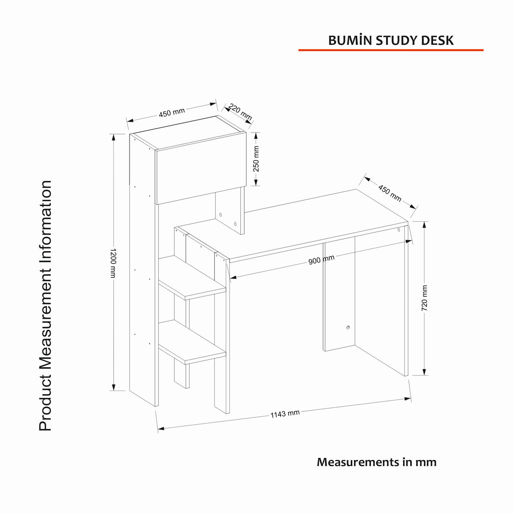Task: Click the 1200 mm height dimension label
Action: (x=113, y=263)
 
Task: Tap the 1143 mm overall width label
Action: (x=285, y=414)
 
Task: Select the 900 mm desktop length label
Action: (x=321, y=260)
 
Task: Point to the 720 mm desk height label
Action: (x=424, y=298)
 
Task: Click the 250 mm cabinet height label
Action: (x=256, y=159)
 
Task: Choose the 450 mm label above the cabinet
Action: (x=172, y=113)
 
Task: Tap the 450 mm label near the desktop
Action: (x=390, y=193)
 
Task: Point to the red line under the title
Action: (x=391, y=50)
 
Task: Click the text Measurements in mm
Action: (x=376, y=462)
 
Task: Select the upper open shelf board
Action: (x=192, y=278)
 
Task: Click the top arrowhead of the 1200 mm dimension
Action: (x=113, y=137)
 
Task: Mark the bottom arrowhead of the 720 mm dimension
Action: (x=424, y=372)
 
